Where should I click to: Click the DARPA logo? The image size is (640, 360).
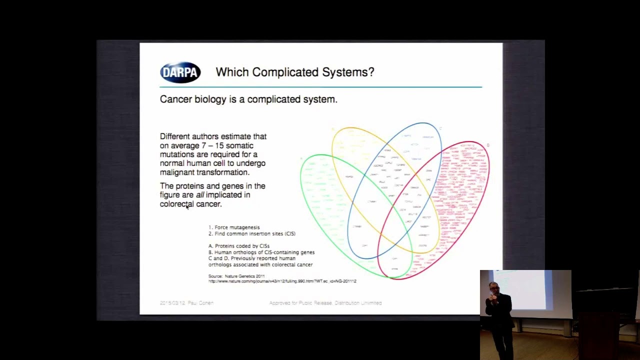pos(180,72)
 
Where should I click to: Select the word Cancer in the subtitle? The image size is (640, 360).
pos(176,99)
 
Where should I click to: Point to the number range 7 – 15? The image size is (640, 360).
pos(212,145)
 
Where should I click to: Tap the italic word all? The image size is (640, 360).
pos(200,195)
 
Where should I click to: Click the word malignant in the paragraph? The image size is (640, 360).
pos(177,172)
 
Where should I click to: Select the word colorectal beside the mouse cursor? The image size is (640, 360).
pos(176,204)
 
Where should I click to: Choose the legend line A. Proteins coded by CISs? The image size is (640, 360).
pos(239,246)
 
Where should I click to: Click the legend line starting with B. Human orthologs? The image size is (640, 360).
pos(261,252)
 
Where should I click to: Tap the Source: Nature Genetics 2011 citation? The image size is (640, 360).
pos(236,276)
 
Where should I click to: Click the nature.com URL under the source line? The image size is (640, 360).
pos(282,281)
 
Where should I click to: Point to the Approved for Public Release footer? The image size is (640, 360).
pos(325,303)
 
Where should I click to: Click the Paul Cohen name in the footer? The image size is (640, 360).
pos(200,303)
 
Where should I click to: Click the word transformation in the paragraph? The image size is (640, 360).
pos(222,172)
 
